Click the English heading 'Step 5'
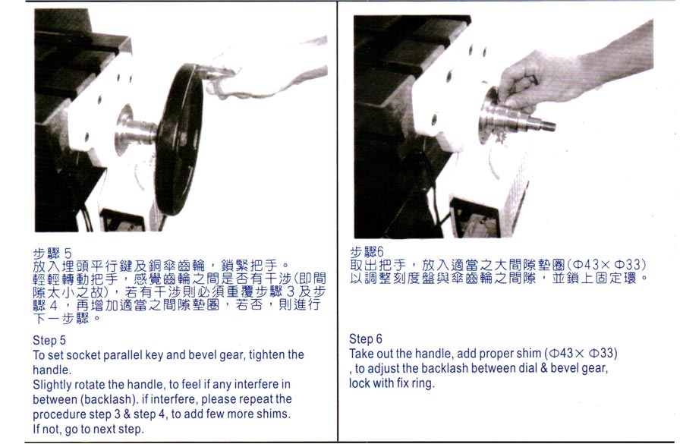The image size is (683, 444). pyautogui.click(x=49, y=340)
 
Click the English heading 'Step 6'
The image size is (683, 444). pyautogui.click(x=366, y=339)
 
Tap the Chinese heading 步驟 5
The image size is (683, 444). pyautogui.click(x=52, y=253)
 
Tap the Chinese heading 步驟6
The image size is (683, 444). pyautogui.click(x=367, y=252)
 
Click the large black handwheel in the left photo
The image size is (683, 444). pyautogui.click(x=178, y=139)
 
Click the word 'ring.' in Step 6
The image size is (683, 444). pyautogui.click(x=423, y=383)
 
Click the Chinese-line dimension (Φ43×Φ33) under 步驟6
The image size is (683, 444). pyautogui.click(x=606, y=264)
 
